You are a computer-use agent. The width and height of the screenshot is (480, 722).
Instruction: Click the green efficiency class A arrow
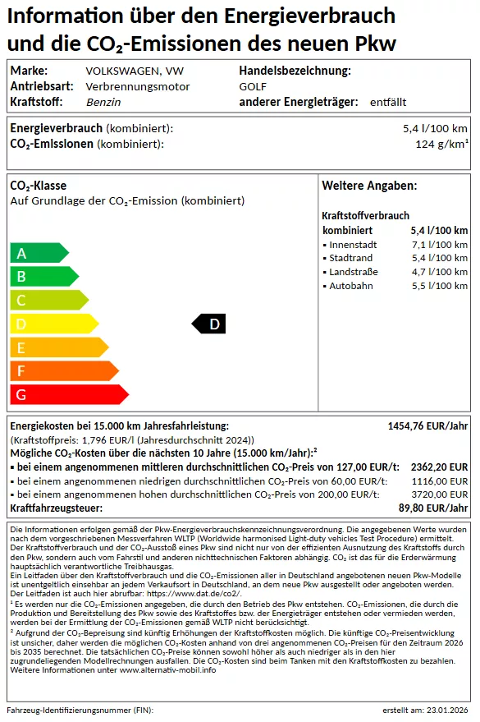tap(38, 253)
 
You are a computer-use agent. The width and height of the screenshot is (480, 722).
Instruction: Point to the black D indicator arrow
tap(209, 324)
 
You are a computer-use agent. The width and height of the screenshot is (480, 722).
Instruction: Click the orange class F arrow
tap(62, 371)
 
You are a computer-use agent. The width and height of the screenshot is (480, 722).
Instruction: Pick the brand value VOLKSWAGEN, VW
tap(123, 71)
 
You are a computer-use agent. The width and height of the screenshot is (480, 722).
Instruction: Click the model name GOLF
tap(253, 86)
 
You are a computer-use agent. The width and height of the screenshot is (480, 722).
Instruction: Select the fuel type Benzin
tap(103, 102)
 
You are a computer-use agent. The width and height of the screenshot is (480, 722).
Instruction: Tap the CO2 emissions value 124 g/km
tap(441, 145)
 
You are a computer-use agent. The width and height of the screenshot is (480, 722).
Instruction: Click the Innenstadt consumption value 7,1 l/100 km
tap(439, 245)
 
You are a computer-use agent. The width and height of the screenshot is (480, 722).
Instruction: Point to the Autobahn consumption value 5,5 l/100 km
tap(439, 286)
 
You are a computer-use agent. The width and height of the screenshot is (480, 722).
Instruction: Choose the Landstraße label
tap(354, 272)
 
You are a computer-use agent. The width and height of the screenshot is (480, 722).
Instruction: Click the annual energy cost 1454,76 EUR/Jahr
tap(427, 426)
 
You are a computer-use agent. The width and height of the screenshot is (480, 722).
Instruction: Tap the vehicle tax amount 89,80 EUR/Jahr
tap(433, 508)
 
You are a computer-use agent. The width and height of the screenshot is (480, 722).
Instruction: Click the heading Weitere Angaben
tap(369, 186)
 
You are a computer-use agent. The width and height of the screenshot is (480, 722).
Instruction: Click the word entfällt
tap(388, 102)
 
